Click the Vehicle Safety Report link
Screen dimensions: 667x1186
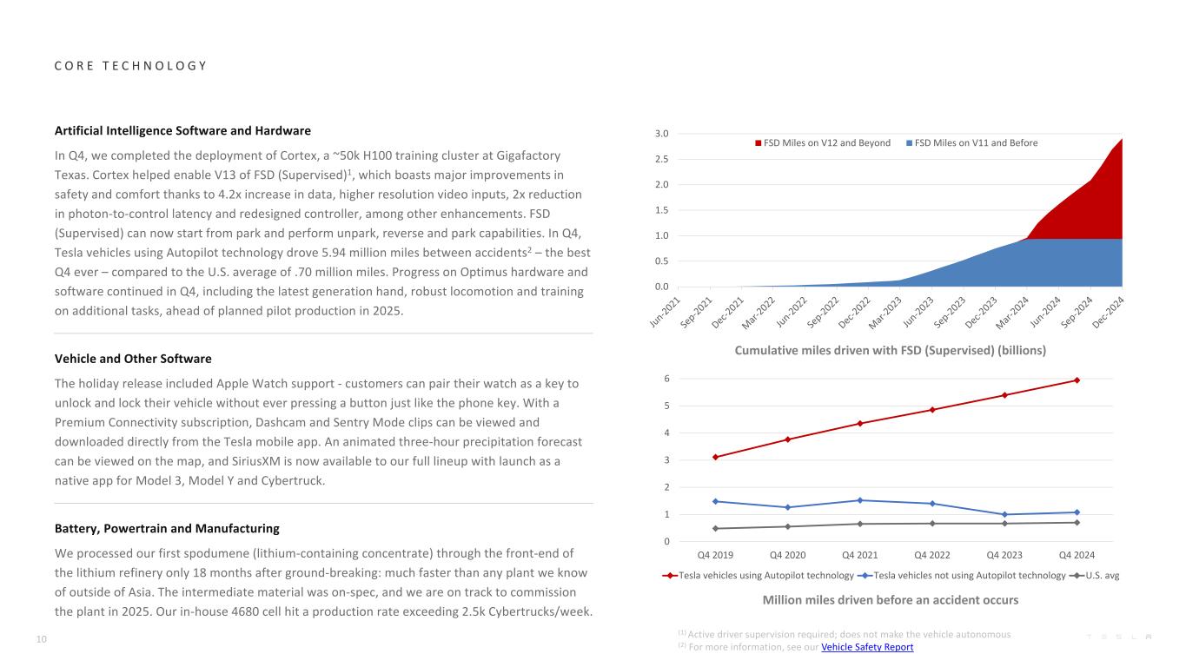(x=866, y=647)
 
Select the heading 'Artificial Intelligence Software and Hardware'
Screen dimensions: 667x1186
(x=182, y=131)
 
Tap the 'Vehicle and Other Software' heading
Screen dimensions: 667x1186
(x=133, y=359)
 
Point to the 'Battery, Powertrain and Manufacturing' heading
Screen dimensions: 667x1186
(x=167, y=528)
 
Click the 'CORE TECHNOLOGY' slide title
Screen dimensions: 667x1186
(x=130, y=66)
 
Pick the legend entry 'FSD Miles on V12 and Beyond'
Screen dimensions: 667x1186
(x=826, y=143)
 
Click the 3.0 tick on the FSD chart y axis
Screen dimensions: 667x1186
(x=662, y=134)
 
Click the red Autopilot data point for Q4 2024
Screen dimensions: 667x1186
(x=1077, y=380)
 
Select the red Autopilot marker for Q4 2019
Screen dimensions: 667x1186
(x=715, y=457)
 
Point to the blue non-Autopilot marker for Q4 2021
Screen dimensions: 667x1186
(x=860, y=500)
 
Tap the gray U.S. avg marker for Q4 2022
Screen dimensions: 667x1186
(x=932, y=523)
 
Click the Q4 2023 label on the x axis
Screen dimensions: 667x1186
(x=1004, y=555)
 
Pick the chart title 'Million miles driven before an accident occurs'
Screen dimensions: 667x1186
(x=890, y=600)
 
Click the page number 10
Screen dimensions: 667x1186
(x=41, y=640)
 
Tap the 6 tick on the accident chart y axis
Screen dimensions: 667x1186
(x=667, y=379)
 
